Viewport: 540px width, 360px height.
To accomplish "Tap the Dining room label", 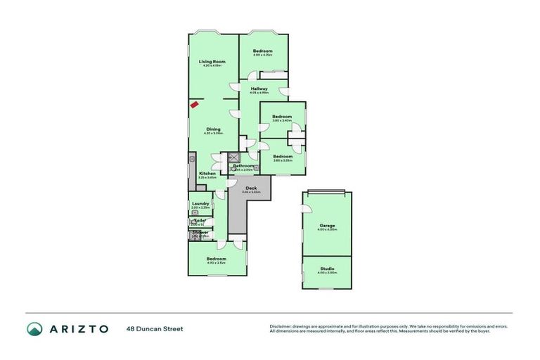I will [213, 129].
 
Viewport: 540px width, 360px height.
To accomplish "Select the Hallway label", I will [259, 89].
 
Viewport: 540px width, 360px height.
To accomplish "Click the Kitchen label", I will [207, 173].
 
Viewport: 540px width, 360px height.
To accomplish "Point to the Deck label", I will [251, 188].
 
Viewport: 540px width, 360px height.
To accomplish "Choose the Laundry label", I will [200, 204].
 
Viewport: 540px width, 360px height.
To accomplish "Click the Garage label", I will [327, 226].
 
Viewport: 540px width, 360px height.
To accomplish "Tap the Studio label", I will [327, 269].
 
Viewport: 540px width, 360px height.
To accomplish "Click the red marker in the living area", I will [194, 105].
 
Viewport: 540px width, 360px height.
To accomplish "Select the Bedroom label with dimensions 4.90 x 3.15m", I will [217, 259].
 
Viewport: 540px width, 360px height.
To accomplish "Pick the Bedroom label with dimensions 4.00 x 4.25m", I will [263, 51].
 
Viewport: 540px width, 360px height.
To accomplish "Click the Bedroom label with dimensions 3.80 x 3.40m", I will [282, 116].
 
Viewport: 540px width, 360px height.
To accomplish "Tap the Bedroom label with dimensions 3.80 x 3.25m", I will [283, 156].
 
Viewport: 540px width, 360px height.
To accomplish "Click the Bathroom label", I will [243, 166].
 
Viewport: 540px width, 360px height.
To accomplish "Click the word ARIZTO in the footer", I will [79, 328].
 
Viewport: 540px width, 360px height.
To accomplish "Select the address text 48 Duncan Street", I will [150, 328].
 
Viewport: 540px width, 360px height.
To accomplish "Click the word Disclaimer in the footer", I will [280, 326].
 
